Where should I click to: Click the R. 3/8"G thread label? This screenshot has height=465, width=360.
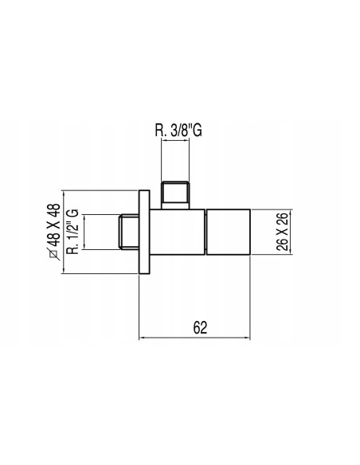tap(178, 130)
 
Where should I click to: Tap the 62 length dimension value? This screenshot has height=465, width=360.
tap(200, 327)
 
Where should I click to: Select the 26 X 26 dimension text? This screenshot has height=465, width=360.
tap(282, 232)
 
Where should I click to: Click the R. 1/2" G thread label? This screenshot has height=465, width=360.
tap(73, 232)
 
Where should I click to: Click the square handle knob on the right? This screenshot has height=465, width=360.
tap(229, 232)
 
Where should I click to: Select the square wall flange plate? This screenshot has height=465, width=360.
tap(144, 232)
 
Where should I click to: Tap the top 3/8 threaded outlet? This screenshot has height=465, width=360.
tap(175, 195)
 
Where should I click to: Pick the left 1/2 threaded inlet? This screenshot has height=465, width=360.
tap(129, 232)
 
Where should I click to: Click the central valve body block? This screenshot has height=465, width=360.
tap(177, 232)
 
